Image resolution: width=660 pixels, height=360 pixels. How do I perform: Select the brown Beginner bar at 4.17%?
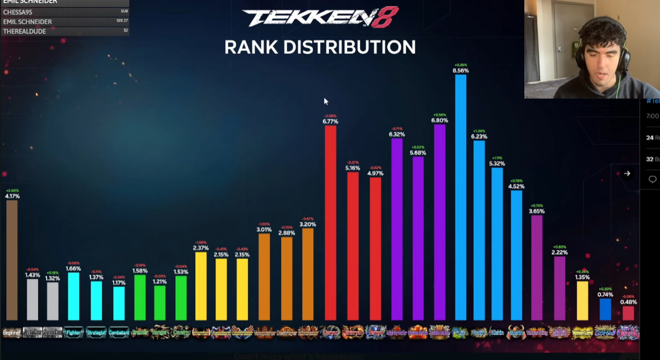coord(12,260)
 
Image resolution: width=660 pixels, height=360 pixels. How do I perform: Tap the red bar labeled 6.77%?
coord(330,223)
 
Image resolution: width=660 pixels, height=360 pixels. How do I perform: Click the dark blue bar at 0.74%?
coord(605,310)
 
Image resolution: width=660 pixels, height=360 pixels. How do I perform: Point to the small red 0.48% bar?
coord(628,313)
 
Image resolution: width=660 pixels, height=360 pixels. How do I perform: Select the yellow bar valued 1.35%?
coord(582,300)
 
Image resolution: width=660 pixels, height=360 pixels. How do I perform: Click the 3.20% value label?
coord(308,224)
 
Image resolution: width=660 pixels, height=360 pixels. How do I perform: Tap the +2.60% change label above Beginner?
coord(12,190)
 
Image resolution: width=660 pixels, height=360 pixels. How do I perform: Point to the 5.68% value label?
coord(417,153)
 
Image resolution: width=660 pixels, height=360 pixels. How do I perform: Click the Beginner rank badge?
coord(12,333)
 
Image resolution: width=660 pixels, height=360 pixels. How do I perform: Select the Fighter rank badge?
coord(74,333)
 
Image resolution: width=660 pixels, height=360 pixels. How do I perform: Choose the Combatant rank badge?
coord(119,333)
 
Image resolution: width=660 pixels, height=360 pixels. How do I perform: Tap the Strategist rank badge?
coord(96,333)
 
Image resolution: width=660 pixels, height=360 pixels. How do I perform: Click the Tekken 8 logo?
coord(320,17)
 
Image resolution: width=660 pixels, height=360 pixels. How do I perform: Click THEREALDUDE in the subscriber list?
coord(24,31)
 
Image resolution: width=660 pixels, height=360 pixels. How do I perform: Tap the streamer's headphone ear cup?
coord(622,56)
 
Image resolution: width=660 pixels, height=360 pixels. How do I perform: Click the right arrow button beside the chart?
coord(627,173)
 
